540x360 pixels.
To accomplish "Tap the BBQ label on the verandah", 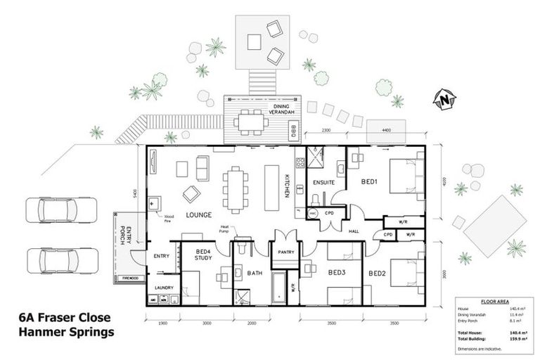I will (295, 130).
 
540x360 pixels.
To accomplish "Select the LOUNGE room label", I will (199, 214).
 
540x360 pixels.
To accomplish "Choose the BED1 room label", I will (371, 181).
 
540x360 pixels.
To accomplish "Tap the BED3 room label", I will (336, 272).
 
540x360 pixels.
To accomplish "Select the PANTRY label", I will (285, 251).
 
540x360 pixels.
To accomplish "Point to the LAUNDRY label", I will (164, 288).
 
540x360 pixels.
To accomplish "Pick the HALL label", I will (353, 231).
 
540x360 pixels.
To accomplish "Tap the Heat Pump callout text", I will (225, 229).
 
